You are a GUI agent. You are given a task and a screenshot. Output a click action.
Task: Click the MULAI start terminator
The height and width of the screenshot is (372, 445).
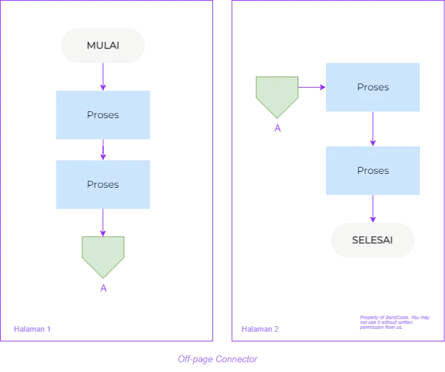coord(103,46)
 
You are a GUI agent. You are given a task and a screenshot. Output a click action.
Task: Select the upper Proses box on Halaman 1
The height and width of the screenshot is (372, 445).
coord(103,115)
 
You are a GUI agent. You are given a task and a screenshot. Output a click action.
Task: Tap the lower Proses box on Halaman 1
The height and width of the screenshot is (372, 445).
coord(103,184)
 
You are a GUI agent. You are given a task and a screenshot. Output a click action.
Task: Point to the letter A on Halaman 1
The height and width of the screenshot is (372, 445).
coord(103,288)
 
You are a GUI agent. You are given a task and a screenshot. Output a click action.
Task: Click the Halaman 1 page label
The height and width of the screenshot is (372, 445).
coord(32,329)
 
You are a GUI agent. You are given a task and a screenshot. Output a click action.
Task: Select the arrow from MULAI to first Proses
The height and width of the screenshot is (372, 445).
coord(103,77)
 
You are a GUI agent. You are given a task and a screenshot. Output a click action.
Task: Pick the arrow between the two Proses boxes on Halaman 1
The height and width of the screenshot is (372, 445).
coord(103,150)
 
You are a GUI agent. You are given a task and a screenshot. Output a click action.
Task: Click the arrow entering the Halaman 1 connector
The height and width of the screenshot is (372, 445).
coord(103,223)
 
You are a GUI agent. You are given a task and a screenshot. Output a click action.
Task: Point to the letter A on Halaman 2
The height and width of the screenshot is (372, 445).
coord(277,129)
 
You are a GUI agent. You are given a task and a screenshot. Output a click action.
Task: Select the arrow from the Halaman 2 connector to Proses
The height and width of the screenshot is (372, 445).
coord(312,88)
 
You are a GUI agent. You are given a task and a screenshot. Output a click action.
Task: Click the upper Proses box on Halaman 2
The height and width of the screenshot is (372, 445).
coord(373,87)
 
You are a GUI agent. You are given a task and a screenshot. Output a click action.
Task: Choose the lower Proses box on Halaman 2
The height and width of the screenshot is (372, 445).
coord(373,170)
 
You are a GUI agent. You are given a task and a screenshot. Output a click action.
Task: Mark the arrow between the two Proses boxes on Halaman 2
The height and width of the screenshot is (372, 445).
coord(373,129)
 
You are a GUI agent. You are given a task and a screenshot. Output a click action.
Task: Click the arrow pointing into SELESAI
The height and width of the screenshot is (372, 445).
coord(373,209)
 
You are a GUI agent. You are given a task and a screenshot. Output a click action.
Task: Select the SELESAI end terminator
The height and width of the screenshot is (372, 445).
coord(373,241)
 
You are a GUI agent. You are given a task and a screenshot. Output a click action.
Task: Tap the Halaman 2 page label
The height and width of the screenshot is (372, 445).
coord(260,329)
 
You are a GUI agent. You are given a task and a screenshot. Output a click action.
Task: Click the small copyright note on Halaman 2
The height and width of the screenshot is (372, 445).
coord(395,322)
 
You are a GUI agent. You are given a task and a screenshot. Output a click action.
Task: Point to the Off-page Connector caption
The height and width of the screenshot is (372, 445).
coord(217,359)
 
